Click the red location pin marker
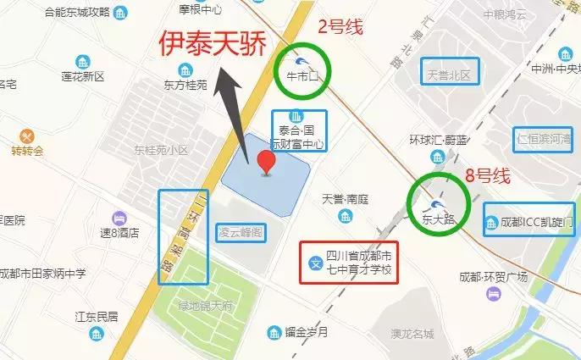click(x=267, y=163)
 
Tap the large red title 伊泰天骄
click(x=207, y=44)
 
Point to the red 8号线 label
click(x=487, y=177)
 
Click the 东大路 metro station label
click(x=438, y=218)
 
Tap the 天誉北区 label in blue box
click(x=450, y=75)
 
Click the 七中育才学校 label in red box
click(x=361, y=263)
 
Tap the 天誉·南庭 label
click(x=346, y=200)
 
